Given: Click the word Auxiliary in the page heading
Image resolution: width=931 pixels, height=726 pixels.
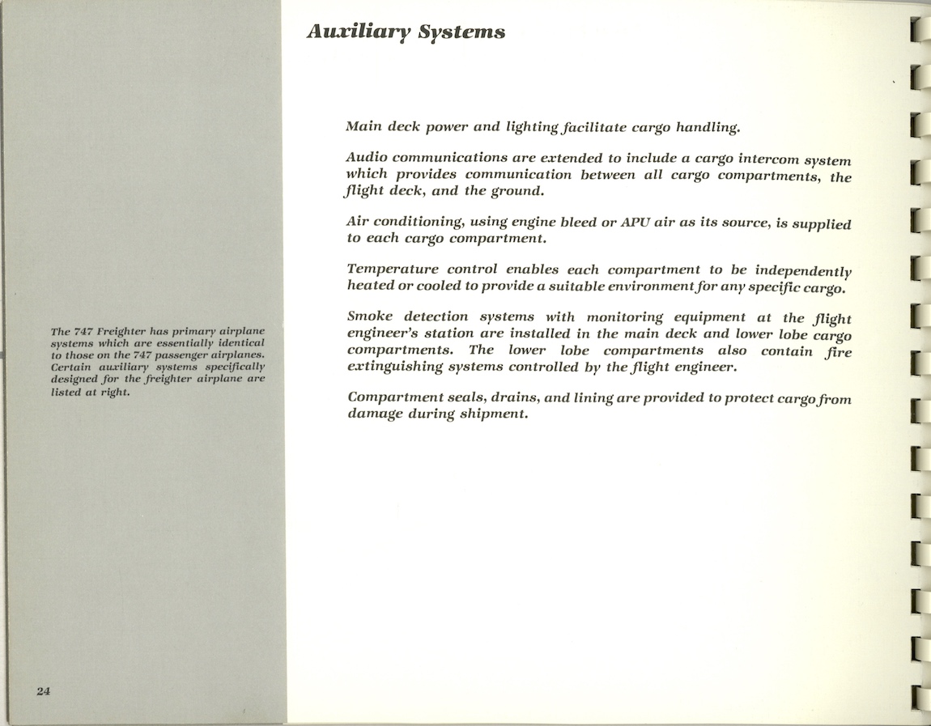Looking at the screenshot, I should pos(356,32).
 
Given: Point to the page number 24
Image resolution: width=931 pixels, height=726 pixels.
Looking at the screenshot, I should pos(44,690).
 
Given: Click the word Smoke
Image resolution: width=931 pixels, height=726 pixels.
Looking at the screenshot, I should pos(369,316).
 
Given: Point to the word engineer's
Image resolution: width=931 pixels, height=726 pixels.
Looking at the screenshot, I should pos(386,333).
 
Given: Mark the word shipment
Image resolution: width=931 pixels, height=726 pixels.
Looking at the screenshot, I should pos(493,414).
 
